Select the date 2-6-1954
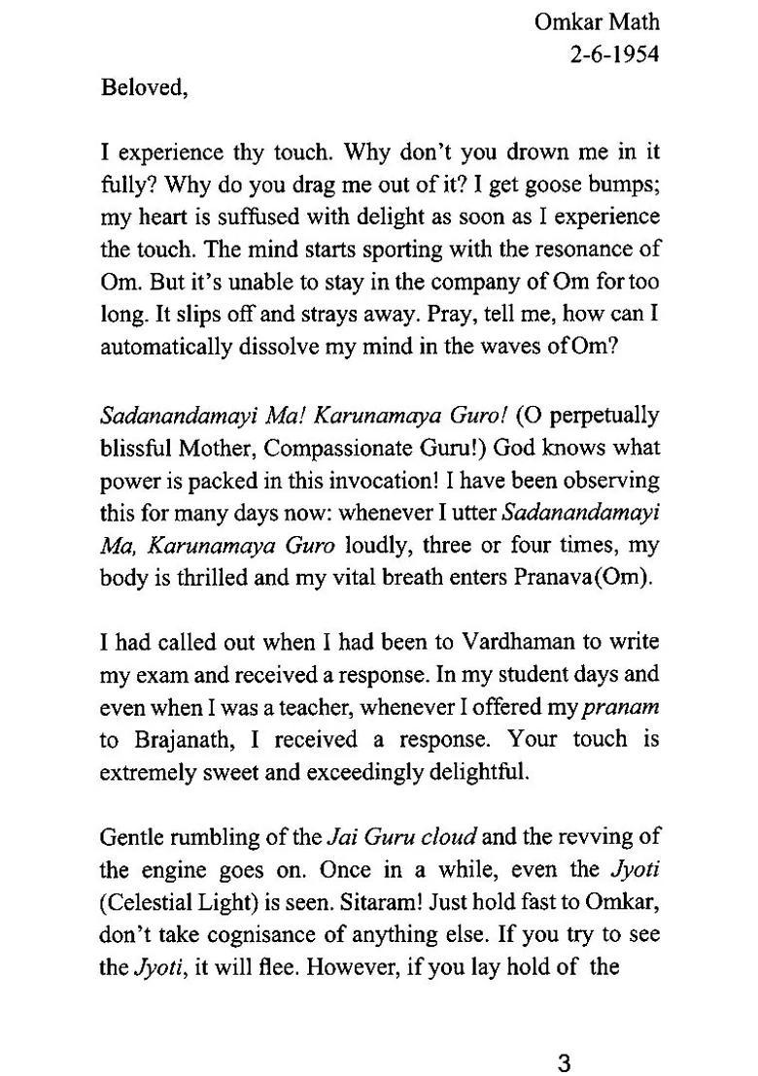pos(614,54)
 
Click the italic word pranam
pos(624,707)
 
